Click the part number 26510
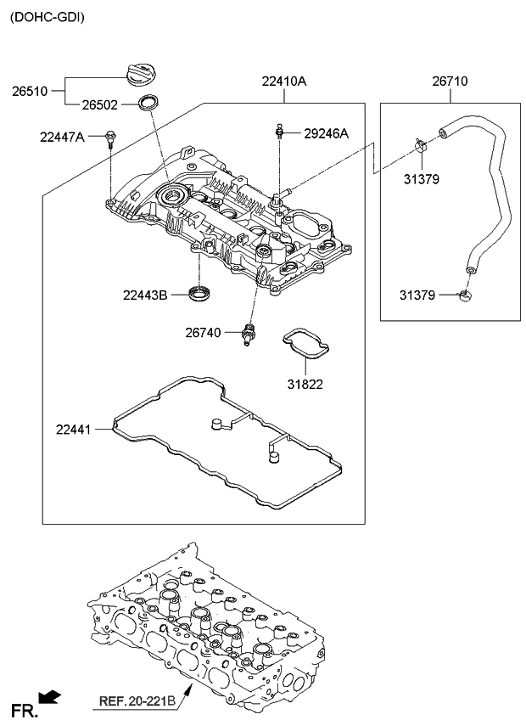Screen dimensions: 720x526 [x=30, y=88]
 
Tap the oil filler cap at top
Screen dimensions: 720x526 [x=142, y=72]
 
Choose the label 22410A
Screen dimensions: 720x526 [x=283, y=82]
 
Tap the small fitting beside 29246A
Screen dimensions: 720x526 [x=278, y=132]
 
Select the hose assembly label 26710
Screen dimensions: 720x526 [x=449, y=82]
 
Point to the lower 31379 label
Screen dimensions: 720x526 [x=417, y=295]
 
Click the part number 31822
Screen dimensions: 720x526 [x=305, y=384]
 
